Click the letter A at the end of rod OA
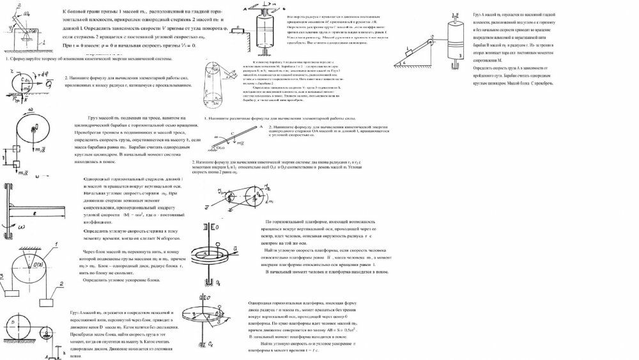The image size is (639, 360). (261, 127)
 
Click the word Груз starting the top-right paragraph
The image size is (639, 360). (479, 13)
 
